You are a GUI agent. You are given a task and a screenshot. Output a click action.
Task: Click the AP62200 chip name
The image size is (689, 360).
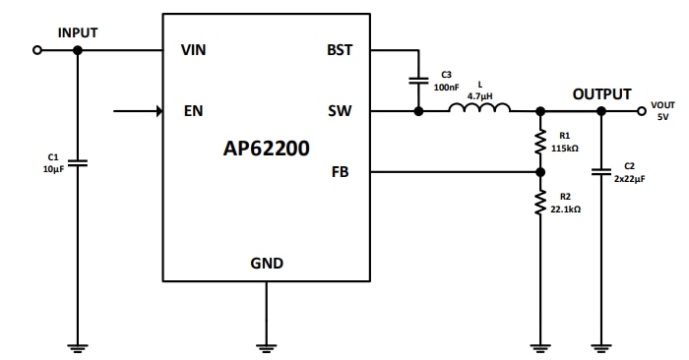click(266, 150)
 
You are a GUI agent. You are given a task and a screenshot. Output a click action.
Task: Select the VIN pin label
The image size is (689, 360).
click(194, 51)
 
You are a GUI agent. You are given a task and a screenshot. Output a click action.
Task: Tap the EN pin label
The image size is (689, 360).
click(193, 111)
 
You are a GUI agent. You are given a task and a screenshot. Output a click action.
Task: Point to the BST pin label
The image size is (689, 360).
click(340, 51)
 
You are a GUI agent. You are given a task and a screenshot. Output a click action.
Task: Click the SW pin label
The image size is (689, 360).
click(340, 111)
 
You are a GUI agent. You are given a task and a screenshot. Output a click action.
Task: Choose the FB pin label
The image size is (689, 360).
click(342, 172)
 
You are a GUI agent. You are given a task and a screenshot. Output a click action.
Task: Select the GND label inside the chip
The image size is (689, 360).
click(267, 263)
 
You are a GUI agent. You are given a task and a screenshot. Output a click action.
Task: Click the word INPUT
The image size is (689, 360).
click(78, 32)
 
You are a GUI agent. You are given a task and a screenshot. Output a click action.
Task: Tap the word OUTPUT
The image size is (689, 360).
click(601, 94)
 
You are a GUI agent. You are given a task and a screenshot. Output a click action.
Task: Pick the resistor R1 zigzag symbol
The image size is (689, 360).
click(539, 142)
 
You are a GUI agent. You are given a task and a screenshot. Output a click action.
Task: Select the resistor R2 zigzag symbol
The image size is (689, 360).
click(539, 203)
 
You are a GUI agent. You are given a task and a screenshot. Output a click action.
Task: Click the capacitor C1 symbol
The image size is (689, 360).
click(79, 162)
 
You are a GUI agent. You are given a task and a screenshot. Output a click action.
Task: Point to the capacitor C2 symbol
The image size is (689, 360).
click(601, 172)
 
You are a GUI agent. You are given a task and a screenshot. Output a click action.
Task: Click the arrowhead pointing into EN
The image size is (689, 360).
click(158, 111)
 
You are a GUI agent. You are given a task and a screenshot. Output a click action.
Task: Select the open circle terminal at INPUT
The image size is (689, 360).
click(38, 50)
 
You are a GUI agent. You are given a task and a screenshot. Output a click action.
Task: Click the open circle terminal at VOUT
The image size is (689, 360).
click(641, 111)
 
